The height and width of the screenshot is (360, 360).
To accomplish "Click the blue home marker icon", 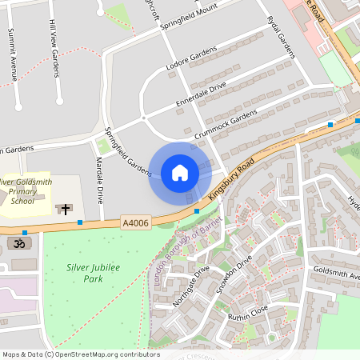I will point(180,173).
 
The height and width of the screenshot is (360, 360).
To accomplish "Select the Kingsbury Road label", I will point(231,178).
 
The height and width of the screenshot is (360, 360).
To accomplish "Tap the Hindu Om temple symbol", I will point(15,242).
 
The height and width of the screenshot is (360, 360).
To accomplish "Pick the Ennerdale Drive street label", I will point(202,95).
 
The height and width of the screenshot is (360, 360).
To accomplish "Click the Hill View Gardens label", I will point(54,49).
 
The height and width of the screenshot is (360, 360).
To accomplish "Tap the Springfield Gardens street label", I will point(128,152).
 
